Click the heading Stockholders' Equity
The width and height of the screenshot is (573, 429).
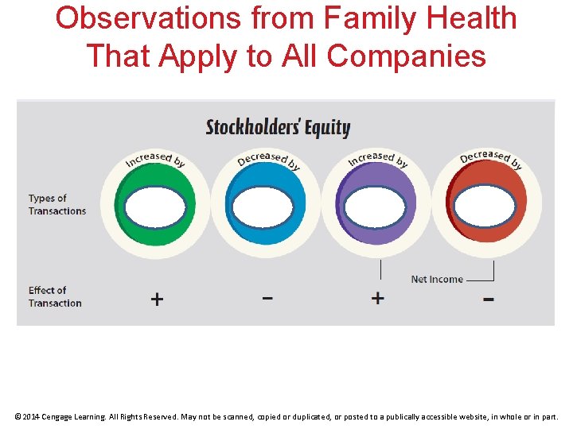(x=278, y=127)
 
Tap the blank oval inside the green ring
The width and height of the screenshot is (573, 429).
(x=155, y=207)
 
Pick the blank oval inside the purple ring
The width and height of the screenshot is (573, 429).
(x=376, y=207)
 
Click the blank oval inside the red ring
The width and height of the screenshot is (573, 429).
(x=485, y=207)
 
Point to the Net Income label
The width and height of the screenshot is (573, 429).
(x=436, y=280)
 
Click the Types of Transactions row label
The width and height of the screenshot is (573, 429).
(x=57, y=205)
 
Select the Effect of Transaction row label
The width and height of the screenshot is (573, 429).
(x=55, y=296)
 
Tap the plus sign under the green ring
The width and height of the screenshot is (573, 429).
(x=157, y=299)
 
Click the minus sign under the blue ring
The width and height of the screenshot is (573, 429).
(x=267, y=298)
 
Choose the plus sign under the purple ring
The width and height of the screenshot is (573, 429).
(x=377, y=298)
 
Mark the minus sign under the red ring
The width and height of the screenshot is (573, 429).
(x=488, y=300)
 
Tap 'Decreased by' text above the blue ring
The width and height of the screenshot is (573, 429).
(x=268, y=158)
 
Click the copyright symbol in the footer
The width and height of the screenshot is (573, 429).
(x=18, y=416)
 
